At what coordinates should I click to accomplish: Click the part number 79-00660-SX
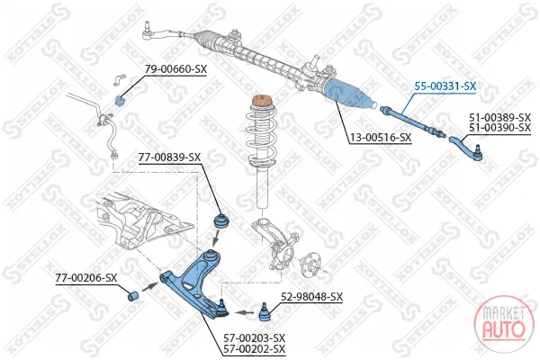(x=175, y=69)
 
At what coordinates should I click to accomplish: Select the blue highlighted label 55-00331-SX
(x=445, y=86)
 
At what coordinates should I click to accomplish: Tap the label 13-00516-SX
(x=381, y=138)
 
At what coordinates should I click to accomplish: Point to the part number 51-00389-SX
(x=500, y=118)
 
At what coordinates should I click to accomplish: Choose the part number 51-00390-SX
(x=500, y=128)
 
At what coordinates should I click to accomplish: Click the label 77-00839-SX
(x=169, y=157)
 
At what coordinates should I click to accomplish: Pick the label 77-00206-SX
(x=86, y=278)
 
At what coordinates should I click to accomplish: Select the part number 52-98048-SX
(x=312, y=297)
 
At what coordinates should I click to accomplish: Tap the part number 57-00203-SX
(x=255, y=338)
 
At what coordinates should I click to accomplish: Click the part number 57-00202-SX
(x=255, y=349)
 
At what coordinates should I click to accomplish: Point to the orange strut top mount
(x=262, y=103)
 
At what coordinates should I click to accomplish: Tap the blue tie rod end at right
(x=466, y=148)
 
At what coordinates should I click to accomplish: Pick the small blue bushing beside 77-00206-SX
(x=133, y=296)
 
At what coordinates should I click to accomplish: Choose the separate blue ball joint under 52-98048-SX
(x=265, y=312)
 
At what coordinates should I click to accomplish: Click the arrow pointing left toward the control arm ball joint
(x=245, y=313)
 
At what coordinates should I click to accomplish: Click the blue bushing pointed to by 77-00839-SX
(x=221, y=220)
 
